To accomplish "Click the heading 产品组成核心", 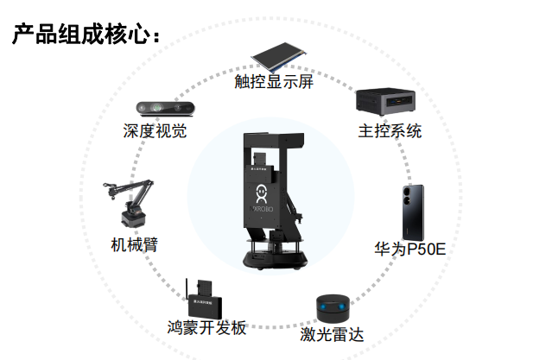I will coord(86,35).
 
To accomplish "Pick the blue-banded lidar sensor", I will coord(332,307).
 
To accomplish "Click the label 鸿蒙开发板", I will coord(207,328).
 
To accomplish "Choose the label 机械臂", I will coord(135,244).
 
